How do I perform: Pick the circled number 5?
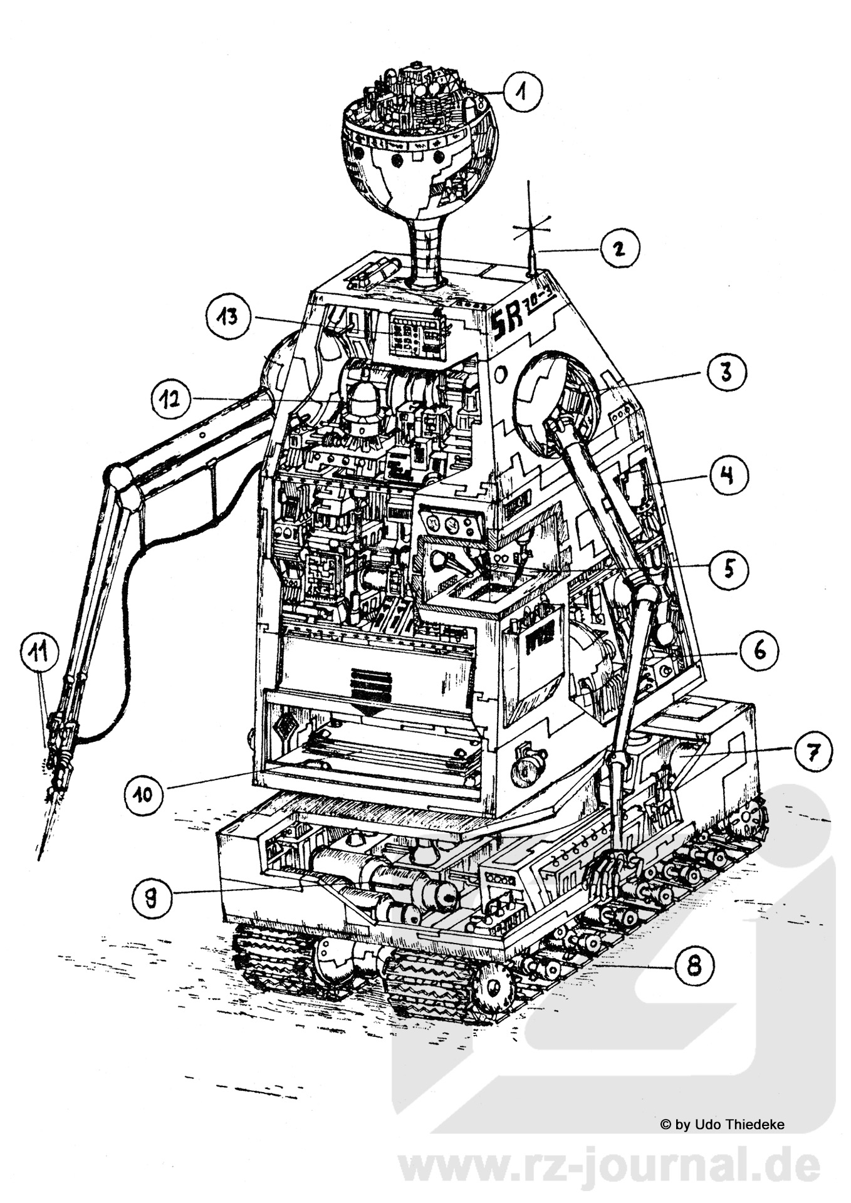coord(729,568)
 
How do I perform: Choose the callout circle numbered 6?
coord(759,652)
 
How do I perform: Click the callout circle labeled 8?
coord(694,966)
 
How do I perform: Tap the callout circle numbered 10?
coord(144,794)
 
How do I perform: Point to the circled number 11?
coord(39,654)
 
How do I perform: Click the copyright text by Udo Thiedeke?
coord(722,1125)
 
